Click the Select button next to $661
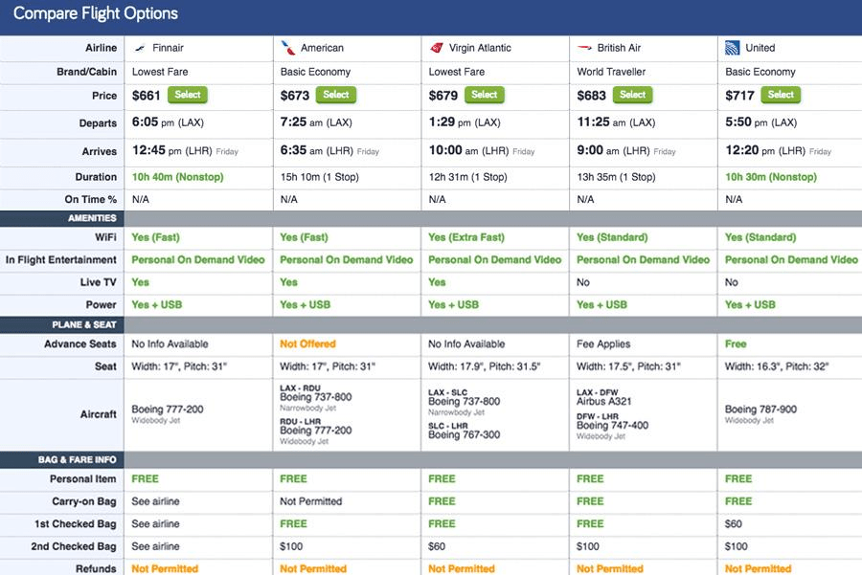click(x=188, y=95)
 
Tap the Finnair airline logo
click(x=141, y=48)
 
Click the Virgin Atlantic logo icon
click(x=437, y=48)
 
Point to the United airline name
click(x=760, y=48)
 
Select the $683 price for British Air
click(x=591, y=96)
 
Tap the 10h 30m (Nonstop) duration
click(x=771, y=177)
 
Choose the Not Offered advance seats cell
click(x=307, y=343)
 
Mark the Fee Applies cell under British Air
click(x=601, y=343)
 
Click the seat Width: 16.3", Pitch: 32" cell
click(x=776, y=366)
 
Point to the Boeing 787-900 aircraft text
click(x=760, y=409)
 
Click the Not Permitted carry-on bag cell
click(x=311, y=501)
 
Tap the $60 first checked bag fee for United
click(x=735, y=524)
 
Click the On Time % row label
click(x=91, y=199)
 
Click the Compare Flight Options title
click(x=96, y=14)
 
